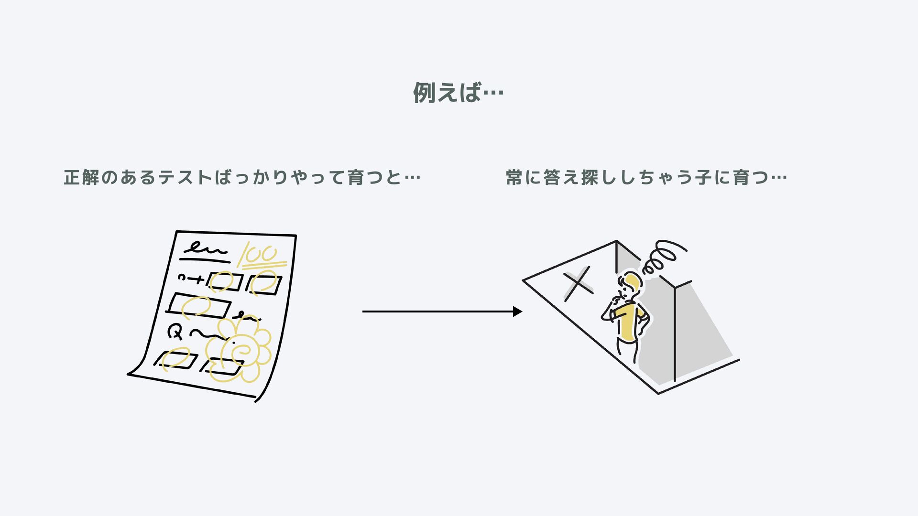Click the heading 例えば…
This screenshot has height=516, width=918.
[x=458, y=92]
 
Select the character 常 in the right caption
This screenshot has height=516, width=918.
[x=514, y=178]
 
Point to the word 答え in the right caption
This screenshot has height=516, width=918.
[x=561, y=178]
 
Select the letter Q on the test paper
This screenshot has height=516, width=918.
[x=175, y=331]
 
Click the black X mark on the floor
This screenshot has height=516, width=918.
[x=578, y=284]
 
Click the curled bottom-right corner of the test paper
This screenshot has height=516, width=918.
[x=259, y=398]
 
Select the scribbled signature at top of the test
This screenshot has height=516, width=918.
[x=205, y=249]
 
